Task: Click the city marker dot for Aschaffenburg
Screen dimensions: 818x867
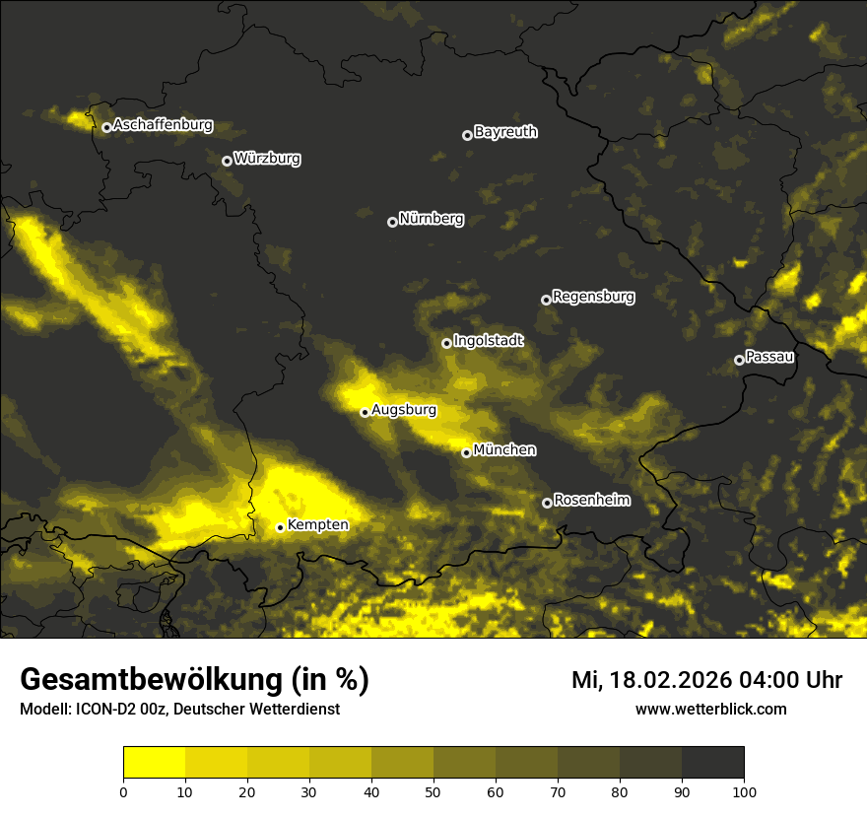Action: (106, 127)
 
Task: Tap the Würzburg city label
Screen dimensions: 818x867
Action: (267, 158)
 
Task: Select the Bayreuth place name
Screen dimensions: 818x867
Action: (505, 131)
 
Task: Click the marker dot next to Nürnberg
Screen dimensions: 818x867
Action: (392, 222)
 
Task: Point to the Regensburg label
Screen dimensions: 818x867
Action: (593, 296)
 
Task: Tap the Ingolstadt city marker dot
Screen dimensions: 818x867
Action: (446, 343)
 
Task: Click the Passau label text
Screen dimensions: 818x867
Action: (769, 357)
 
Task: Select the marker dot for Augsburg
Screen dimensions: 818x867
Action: (365, 412)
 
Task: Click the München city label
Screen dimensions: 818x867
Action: (504, 449)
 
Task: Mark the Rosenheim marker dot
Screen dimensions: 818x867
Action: (547, 503)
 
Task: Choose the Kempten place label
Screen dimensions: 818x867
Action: (317, 524)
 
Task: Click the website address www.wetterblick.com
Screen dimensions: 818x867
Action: (711, 709)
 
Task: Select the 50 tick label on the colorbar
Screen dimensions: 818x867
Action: (433, 791)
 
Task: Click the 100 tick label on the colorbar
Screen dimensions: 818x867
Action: (743, 791)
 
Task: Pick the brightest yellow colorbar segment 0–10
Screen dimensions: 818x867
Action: (155, 763)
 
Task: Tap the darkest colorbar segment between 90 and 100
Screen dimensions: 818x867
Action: (712, 763)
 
